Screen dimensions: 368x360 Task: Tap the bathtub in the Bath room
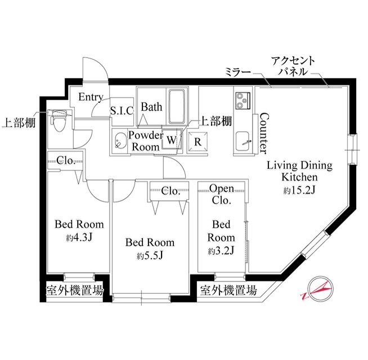pyautogui.click(x=177, y=106)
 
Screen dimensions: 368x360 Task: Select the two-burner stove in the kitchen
pyautogui.click(x=243, y=101)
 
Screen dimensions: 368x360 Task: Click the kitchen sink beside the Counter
pyautogui.click(x=244, y=142)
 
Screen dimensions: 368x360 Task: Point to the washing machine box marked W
pyautogui.click(x=172, y=139)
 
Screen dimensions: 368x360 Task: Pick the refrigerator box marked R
pyautogui.click(x=198, y=142)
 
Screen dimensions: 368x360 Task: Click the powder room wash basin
pyautogui.click(x=120, y=141)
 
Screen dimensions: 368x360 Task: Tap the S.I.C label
pyautogui.click(x=122, y=111)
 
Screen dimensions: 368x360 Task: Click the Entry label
pyautogui.click(x=91, y=97)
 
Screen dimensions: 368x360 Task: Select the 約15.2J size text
pyautogui.click(x=299, y=190)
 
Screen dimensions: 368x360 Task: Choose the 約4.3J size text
pyautogui.click(x=79, y=237)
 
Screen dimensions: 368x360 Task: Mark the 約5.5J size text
pyautogui.click(x=150, y=255)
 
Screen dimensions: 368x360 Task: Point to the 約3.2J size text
pyautogui.click(x=221, y=250)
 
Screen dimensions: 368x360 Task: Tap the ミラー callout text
pyautogui.click(x=238, y=72)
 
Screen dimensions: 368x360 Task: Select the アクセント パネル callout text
pyautogui.click(x=293, y=66)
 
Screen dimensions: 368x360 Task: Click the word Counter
pyautogui.click(x=264, y=133)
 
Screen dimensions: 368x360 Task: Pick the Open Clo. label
pyautogui.click(x=222, y=194)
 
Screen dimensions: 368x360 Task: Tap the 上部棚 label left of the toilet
pyautogui.click(x=19, y=123)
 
